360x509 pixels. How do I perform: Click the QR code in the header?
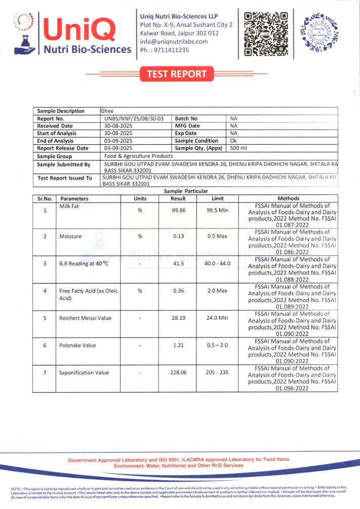[x=266, y=33]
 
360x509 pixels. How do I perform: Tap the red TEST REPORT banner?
[x=177, y=74]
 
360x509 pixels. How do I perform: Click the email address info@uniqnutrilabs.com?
[x=174, y=41]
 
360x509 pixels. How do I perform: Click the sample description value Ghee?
[x=107, y=111]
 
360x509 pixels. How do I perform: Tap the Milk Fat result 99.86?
[x=178, y=210]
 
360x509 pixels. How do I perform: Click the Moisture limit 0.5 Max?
[x=217, y=236]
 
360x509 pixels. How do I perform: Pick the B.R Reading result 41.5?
[x=178, y=264]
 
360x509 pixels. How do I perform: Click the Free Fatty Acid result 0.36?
[x=178, y=291]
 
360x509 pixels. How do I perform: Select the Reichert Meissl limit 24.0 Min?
[x=217, y=318]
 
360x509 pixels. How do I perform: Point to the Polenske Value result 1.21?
[x=178, y=346]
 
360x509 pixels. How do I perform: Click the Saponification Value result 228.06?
[x=178, y=373]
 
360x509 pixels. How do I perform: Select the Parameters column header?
[x=74, y=199]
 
